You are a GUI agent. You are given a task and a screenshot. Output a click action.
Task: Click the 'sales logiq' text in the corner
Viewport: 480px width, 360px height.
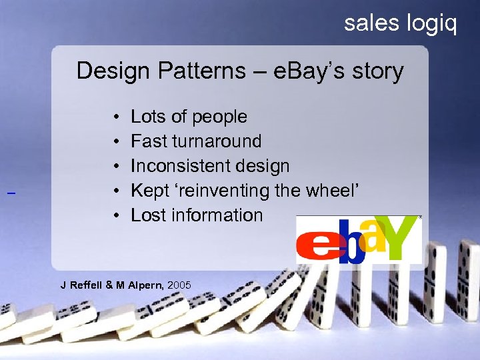401,23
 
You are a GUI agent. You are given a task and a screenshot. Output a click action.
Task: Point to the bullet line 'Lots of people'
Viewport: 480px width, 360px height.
189,117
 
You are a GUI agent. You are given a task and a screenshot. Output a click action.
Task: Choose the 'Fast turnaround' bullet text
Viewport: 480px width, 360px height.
196,141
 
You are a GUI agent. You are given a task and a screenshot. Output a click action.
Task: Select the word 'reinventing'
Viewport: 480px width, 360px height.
231,191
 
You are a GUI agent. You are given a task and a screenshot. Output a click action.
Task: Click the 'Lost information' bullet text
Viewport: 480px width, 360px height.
197,215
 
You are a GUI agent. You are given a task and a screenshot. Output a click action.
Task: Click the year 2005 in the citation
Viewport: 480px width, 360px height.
179,285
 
